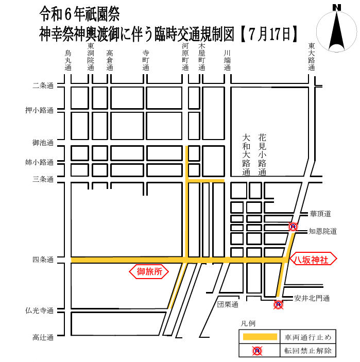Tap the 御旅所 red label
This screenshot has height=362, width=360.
tap(149, 271)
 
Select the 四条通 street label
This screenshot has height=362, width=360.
tap(43, 260)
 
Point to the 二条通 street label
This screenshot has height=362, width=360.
tap(43, 85)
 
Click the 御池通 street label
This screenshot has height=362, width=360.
tap(43, 143)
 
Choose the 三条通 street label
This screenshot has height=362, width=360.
tap(43, 179)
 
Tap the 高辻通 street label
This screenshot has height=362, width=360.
tap(43, 338)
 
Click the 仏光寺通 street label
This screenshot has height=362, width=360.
tap(40, 311)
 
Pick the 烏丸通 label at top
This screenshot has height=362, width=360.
tap(68, 60)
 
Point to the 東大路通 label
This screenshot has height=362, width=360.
tap(312, 57)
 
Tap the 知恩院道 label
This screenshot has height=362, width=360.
tap(323, 231)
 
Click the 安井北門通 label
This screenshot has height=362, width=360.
tap(312, 298)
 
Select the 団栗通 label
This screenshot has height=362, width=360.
tap(227, 304)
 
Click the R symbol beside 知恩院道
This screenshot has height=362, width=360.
tap(293, 227)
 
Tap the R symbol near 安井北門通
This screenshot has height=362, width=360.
tap(279, 305)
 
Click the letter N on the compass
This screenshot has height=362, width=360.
tap(337, 7)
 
